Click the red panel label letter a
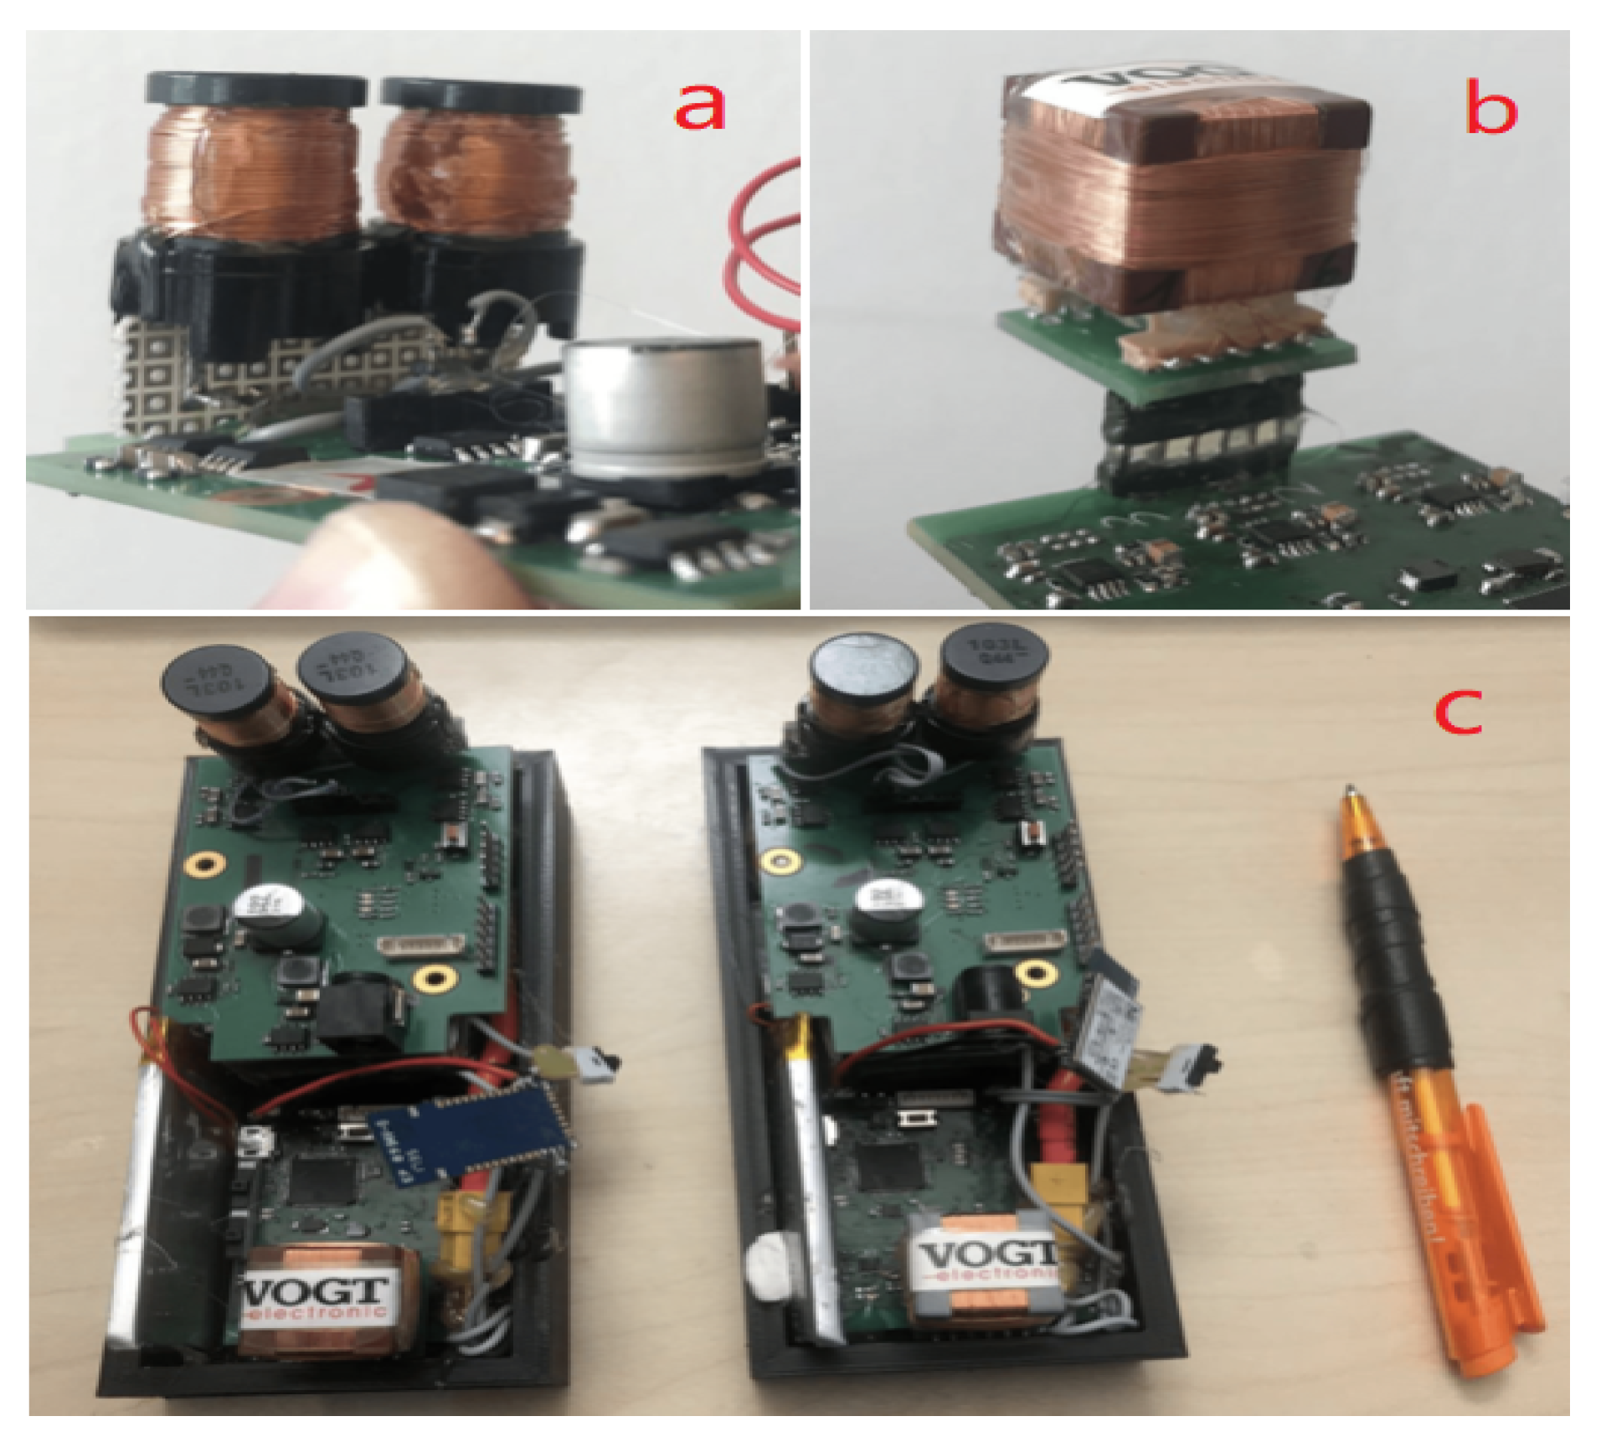point(699,109)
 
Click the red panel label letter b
point(1490,109)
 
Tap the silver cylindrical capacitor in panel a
point(666,410)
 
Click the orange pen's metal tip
point(1350,791)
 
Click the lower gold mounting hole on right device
point(1036,973)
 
